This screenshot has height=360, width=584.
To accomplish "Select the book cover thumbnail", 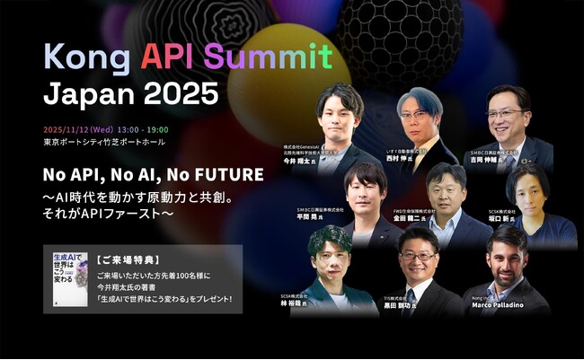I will point(70,279).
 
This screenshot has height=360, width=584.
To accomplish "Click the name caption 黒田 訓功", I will point(415,305).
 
